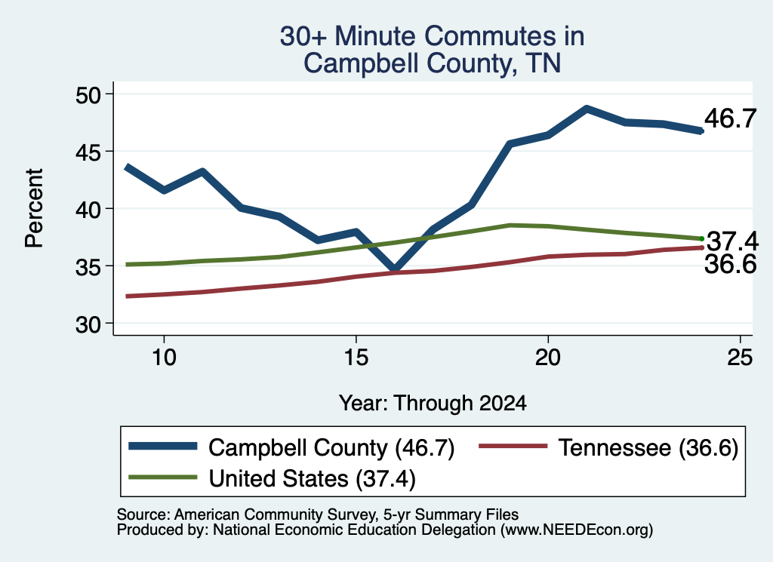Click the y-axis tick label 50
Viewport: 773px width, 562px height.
[88, 94]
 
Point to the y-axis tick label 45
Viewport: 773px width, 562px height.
[88, 152]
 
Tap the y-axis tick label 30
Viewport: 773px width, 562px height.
[88, 324]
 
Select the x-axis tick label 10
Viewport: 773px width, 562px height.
[164, 357]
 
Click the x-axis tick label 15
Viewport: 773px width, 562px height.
[356, 357]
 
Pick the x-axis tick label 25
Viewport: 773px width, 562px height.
[740, 357]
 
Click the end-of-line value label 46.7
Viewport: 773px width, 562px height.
[730, 118]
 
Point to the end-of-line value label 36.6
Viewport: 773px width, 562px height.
[730, 264]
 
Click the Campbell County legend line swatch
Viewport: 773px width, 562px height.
[163, 447]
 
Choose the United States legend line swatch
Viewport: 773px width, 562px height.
[163, 477]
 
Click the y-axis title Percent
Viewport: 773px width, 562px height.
[35, 208]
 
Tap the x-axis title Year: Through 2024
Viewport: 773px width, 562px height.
[433, 403]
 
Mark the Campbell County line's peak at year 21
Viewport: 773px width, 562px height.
[586, 109]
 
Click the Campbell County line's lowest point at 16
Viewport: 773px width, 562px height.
[394, 269]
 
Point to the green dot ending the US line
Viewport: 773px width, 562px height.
[701, 239]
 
